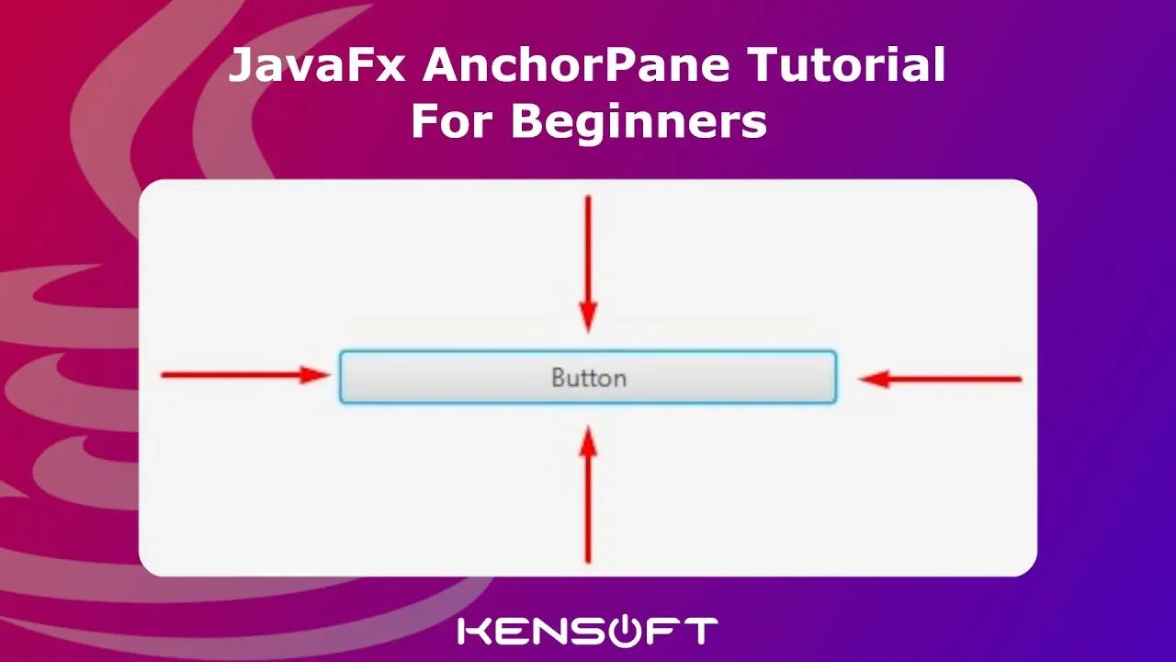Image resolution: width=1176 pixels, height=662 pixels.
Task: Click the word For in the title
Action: tap(450, 122)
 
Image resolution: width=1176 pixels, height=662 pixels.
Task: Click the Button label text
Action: tap(588, 378)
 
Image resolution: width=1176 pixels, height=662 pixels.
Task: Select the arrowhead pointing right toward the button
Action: tap(317, 375)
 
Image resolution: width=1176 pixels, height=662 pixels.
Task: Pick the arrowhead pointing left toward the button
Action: tap(873, 379)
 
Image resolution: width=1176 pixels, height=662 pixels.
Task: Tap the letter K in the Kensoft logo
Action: tap(475, 631)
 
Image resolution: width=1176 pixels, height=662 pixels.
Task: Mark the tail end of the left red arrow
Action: tap(164, 375)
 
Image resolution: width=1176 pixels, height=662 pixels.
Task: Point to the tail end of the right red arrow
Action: tap(1019, 379)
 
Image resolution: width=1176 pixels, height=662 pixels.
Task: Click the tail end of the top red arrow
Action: tap(588, 198)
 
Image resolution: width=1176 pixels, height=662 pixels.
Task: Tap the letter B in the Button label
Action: tap(558, 378)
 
